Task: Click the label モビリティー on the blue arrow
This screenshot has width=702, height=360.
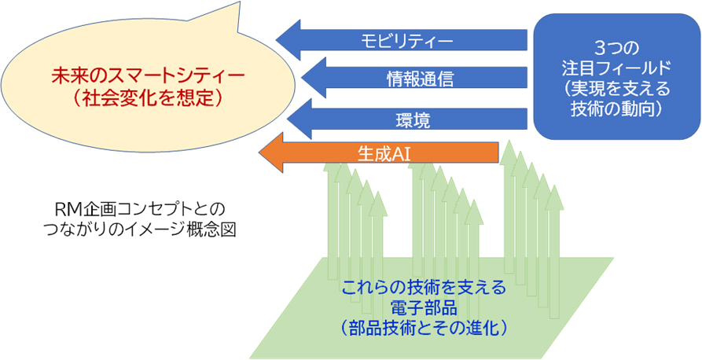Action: click(x=407, y=41)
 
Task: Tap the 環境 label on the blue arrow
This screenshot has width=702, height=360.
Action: click(x=413, y=119)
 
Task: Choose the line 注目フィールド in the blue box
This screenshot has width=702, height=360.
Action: click(x=616, y=68)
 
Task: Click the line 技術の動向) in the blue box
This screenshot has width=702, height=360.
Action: click(x=616, y=110)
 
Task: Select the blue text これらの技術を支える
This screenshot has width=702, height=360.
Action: click(x=424, y=285)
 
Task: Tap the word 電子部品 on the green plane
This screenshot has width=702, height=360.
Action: click(x=424, y=307)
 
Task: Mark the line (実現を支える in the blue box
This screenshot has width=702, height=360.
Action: click(x=616, y=89)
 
